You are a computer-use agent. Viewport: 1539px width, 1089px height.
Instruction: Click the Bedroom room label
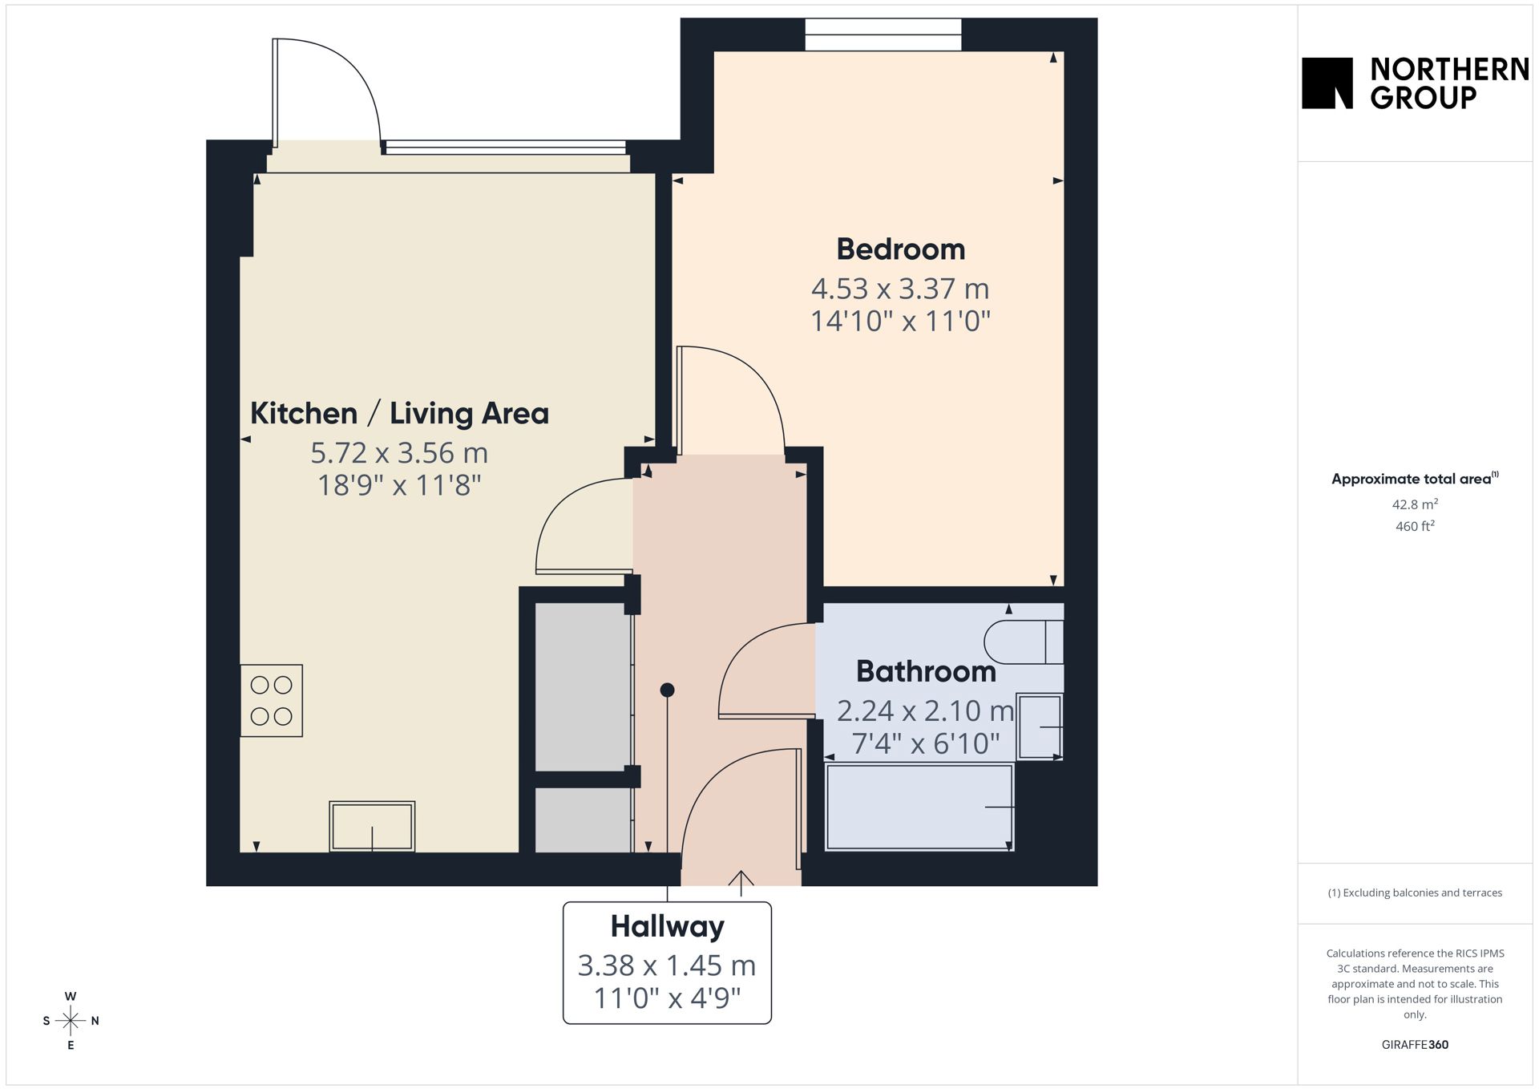900,249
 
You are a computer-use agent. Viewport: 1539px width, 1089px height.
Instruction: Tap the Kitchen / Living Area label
399,414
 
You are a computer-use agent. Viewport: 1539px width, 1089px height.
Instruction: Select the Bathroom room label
926,672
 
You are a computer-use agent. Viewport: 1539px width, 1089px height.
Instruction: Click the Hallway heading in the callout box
667,927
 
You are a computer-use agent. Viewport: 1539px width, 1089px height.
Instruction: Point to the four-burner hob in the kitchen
272,701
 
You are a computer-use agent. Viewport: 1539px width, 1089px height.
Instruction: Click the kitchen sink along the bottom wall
372,826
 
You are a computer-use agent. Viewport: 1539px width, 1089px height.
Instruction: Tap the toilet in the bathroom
1024,642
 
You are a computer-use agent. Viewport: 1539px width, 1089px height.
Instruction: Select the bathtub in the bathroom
920,807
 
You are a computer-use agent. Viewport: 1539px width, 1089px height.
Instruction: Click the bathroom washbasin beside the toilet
1040,727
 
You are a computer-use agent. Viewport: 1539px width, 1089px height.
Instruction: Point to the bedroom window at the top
883,34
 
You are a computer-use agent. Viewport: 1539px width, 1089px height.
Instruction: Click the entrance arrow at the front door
741,883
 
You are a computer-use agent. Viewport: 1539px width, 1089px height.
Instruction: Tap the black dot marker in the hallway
667,690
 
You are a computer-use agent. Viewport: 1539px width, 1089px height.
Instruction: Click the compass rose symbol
71,1021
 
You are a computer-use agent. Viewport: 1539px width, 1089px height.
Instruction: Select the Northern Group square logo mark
1327,83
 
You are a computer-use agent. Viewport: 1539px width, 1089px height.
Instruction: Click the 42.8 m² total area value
1415,504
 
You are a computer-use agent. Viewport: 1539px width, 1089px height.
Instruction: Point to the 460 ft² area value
1415,526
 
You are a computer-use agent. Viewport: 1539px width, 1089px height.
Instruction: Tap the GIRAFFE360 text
1415,1045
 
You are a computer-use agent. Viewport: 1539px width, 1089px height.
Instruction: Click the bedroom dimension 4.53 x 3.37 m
900,289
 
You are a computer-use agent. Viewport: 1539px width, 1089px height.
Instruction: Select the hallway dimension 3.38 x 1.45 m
667,966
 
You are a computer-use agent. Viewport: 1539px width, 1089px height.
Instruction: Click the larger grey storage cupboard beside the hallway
584,686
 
